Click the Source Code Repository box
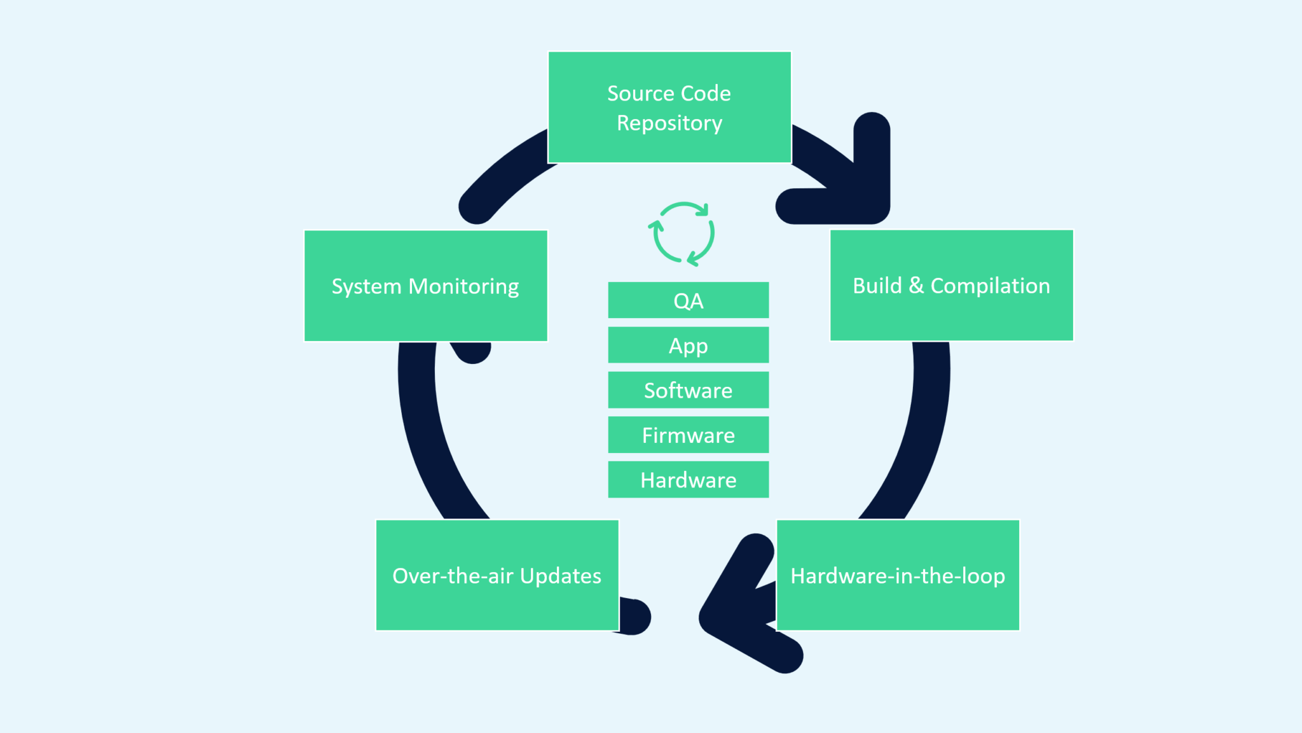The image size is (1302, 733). click(669, 107)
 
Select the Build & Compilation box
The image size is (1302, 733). click(951, 286)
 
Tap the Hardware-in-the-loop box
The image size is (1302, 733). click(898, 575)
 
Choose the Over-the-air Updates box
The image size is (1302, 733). click(497, 575)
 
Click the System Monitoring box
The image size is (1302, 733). click(425, 286)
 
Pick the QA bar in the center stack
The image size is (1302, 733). click(688, 300)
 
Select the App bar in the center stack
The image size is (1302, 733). click(688, 346)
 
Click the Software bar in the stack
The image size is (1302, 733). click(688, 390)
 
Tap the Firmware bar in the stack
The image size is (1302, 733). click(688, 435)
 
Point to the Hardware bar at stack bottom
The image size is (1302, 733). click(688, 480)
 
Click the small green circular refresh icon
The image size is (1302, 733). click(682, 234)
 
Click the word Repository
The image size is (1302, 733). click(669, 123)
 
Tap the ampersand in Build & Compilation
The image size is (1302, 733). click(916, 285)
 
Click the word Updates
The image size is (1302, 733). click(560, 576)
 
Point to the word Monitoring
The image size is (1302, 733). click(463, 286)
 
